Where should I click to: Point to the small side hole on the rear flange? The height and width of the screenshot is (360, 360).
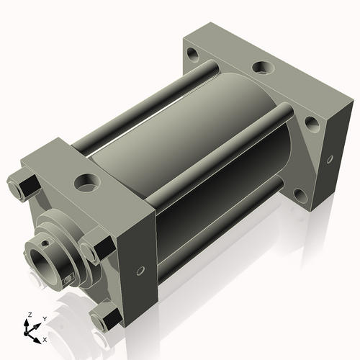[330, 158]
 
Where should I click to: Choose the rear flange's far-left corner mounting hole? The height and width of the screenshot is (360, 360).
[194, 53]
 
